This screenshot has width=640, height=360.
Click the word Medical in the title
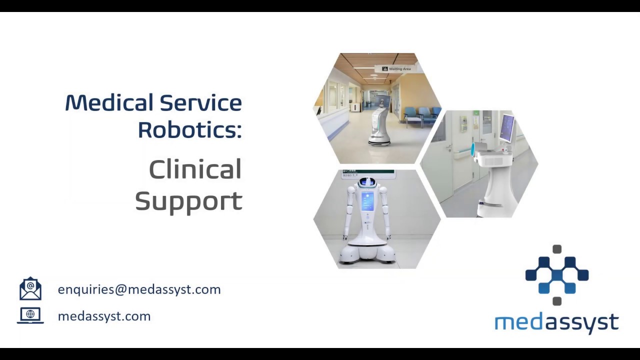(109, 103)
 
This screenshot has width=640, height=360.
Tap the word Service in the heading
(201, 103)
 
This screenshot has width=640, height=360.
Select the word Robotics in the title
(189, 129)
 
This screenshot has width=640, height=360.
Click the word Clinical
(195, 170)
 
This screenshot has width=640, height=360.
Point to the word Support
(188, 201)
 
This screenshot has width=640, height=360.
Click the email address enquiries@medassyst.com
(139, 289)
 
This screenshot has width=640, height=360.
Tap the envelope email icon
(30, 289)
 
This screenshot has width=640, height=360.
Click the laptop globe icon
(30, 315)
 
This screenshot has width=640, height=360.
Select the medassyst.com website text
(104, 316)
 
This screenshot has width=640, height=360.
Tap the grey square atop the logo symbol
(557, 249)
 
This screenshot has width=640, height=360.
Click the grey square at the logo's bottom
(557, 301)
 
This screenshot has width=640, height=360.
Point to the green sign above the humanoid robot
(368, 173)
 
